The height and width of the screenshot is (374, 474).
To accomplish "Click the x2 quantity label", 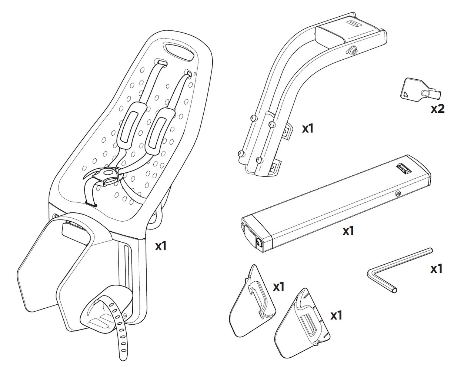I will [x=437, y=109].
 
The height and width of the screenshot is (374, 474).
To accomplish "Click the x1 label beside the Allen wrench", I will [x=437, y=268].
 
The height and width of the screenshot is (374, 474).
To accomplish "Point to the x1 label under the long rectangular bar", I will [x=348, y=231].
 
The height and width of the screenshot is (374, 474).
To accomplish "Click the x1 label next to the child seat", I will [x=160, y=246].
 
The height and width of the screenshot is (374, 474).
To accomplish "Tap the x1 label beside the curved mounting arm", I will [x=308, y=128].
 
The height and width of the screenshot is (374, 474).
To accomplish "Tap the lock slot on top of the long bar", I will [x=403, y=168].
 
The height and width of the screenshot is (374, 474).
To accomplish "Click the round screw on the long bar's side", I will [x=398, y=193].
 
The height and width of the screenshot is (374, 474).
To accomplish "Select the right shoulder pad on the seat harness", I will [x=159, y=128].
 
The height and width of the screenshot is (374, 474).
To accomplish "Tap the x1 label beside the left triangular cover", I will [x=278, y=287].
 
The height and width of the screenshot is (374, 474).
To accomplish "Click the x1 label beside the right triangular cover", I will [x=336, y=315].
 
